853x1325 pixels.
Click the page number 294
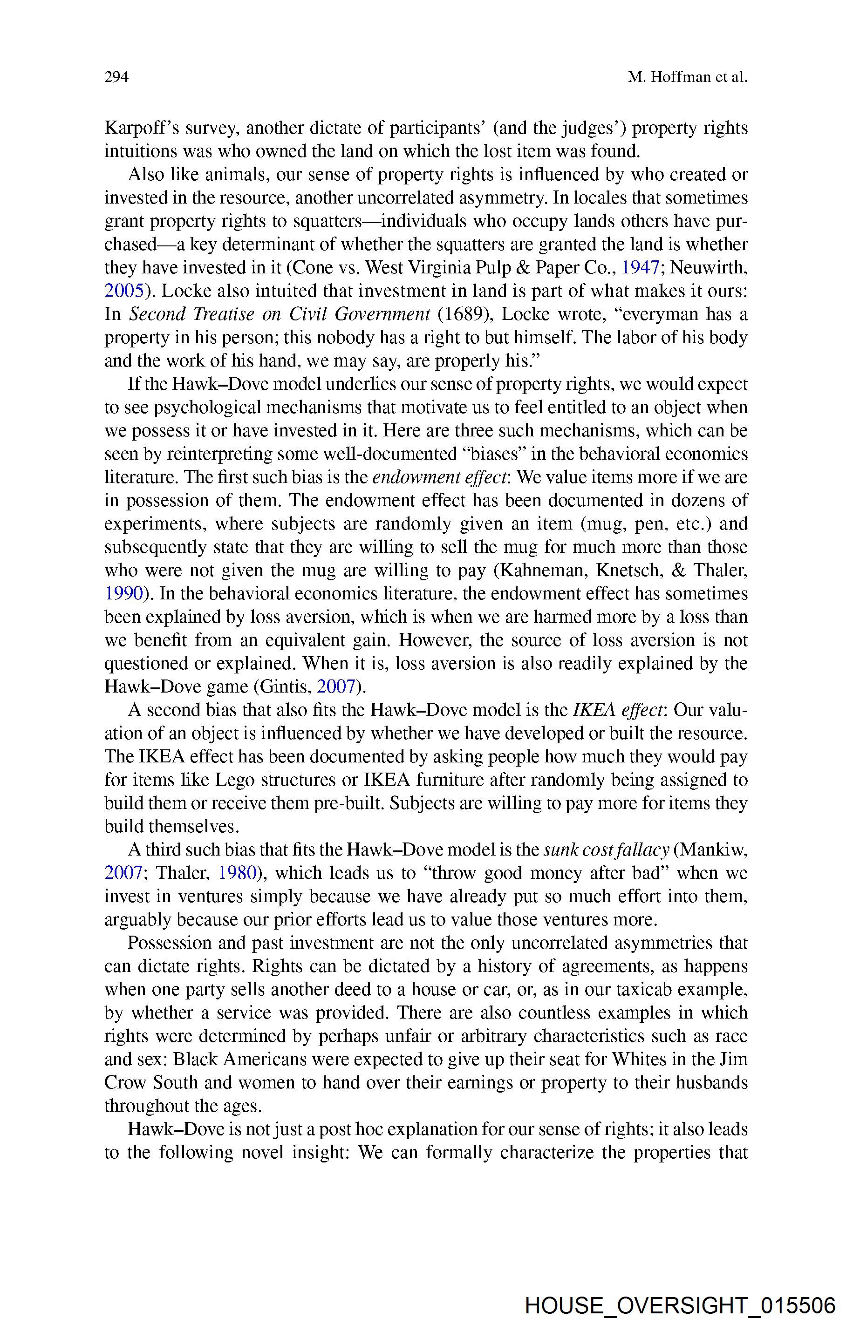pyautogui.click(x=116, y=77)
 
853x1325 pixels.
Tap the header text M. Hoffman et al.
pyautogui.click(x=688, y=77)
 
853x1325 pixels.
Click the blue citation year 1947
pyautogui.click(x=640, y=267)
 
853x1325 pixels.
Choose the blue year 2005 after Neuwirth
pyautogui.click(x=123, y=291)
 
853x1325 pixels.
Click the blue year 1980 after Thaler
pyautogui.click(x=238, y=873)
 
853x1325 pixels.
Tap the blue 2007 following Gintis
pyautogui.click(x=335, y=686)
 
